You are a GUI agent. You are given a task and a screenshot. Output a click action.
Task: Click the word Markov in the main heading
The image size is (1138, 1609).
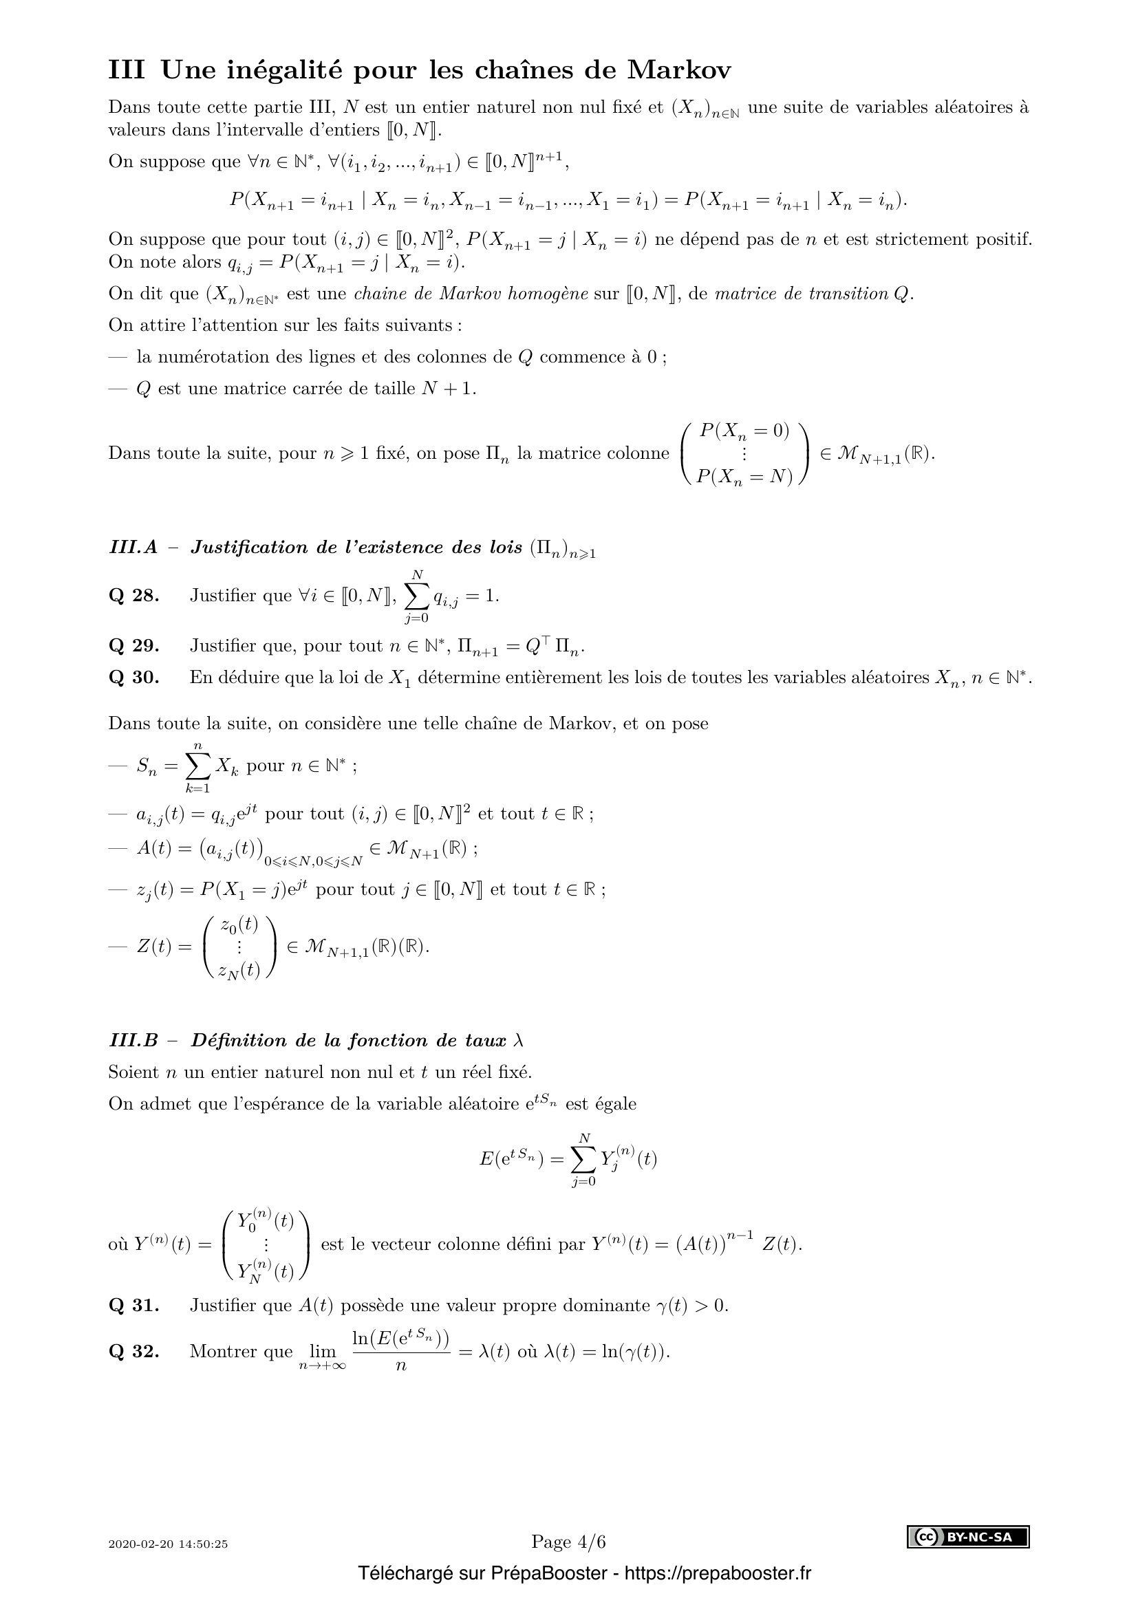click(x=679, y=70)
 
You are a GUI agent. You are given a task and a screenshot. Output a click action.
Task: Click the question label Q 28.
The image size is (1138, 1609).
click(x=134, y=596)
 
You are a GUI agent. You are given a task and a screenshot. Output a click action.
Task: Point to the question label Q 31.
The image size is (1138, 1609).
click(x=134, y=1306)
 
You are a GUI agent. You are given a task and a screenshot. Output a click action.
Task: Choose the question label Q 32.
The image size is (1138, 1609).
click(x=134, y=1351)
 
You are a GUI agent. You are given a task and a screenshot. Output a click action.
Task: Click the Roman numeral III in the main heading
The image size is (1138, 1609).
click(x=127, y=70)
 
